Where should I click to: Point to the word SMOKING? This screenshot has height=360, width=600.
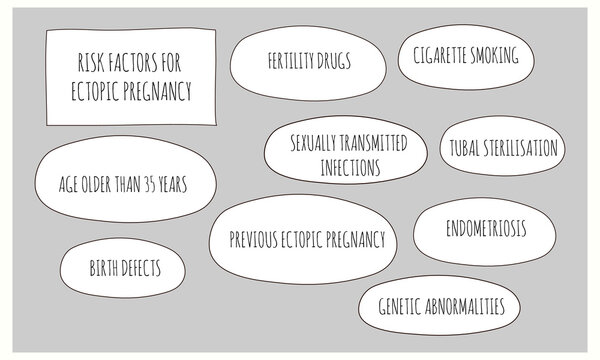coord(496,56)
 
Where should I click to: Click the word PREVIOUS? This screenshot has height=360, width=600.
coord(255,240)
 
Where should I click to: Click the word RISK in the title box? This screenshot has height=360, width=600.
coord(90,66)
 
